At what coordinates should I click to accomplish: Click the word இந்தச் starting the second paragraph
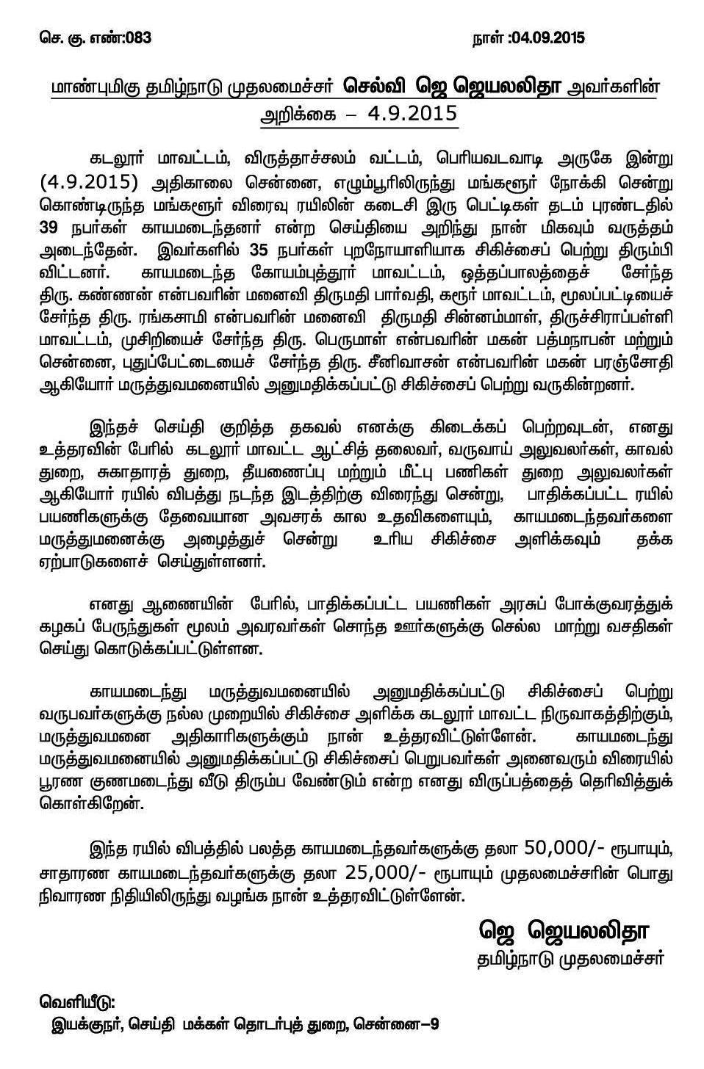coord(114,425)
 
